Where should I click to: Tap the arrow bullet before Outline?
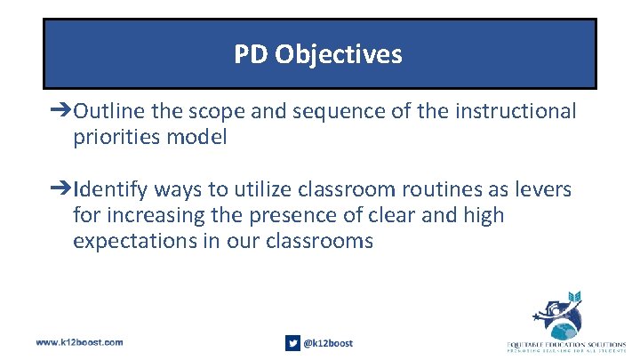click(63, 112)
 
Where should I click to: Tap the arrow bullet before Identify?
click(63, 189)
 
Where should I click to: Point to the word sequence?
click(356, 112)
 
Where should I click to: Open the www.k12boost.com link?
click(79, 342)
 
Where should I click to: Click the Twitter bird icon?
click(292, 343)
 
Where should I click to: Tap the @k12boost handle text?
click(328, 343)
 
